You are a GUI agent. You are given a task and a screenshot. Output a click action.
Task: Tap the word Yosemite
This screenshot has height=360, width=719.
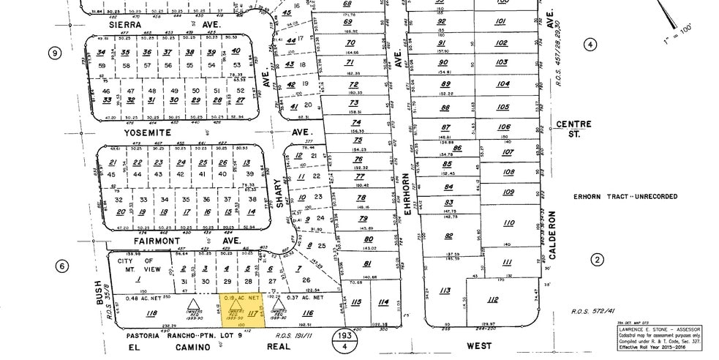click(146, 133)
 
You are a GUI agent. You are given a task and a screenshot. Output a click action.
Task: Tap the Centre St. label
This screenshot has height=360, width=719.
click(573, 129)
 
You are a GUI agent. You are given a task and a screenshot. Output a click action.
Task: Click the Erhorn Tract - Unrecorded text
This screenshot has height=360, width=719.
click(625, 196)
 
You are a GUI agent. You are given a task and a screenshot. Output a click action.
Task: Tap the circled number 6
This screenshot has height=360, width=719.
click(63, 266)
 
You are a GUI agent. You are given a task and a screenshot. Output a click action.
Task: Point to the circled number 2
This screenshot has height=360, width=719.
click(598, 260)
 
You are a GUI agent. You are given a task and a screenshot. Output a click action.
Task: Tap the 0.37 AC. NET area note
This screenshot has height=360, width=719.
click(306, 297)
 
